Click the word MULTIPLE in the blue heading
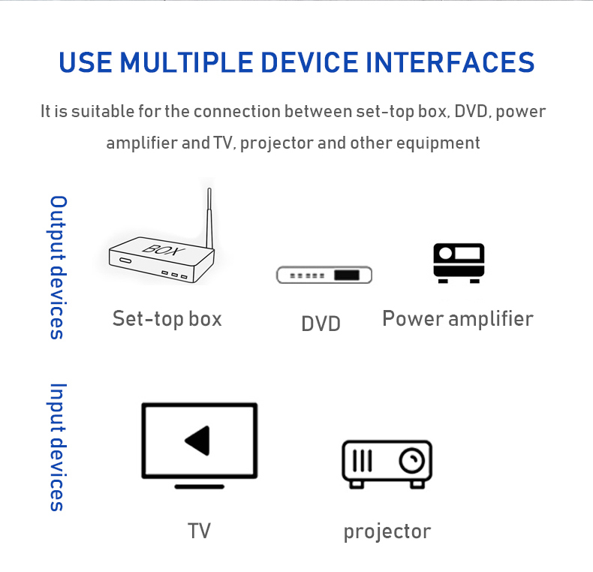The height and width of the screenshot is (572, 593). point(186,62)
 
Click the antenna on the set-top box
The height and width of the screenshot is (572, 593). point(209,218)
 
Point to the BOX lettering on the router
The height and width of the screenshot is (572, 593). point(164,249)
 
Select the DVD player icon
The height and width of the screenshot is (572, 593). point(324,275)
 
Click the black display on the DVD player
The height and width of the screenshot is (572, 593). point(347,275)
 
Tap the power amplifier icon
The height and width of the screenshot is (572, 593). point(459,263)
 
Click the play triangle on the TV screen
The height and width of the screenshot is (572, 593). point(198,441)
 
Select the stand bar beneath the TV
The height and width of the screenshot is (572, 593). point(200,486)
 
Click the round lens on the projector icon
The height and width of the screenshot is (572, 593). point(412,460)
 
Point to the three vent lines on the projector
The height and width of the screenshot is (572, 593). point(362,460)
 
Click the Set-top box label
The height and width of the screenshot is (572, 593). point(167,319)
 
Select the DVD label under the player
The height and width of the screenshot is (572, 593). point(321,324)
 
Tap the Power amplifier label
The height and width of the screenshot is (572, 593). point(458,319)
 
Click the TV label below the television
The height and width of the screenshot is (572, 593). point(200,531)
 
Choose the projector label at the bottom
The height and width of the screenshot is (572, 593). point(387,532)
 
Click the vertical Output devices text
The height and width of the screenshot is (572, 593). point(59,267)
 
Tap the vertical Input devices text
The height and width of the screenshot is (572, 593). point(59,447)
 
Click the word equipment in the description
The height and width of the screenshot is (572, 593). point(438,143)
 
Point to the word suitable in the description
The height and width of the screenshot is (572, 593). point(103,111)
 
